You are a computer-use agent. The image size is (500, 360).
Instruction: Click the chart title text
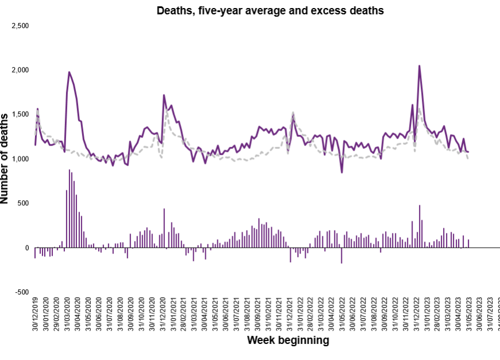[270, 10]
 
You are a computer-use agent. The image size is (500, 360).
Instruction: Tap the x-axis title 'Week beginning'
[288, 340]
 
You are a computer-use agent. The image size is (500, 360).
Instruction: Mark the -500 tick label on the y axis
[21, 292]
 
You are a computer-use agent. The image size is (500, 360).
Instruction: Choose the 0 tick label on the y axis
[26, 248]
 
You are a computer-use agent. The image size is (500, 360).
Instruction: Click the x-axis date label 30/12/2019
[36, 315]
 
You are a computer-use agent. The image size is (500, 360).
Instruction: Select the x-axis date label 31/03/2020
[67, 315]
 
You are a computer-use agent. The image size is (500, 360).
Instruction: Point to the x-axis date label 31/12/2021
[291, 315]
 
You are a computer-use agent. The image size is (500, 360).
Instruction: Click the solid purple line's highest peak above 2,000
[419, 66]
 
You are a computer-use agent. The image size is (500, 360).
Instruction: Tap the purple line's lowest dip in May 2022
[342, 172]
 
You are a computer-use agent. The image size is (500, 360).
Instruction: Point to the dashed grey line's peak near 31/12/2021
[293, 113]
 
